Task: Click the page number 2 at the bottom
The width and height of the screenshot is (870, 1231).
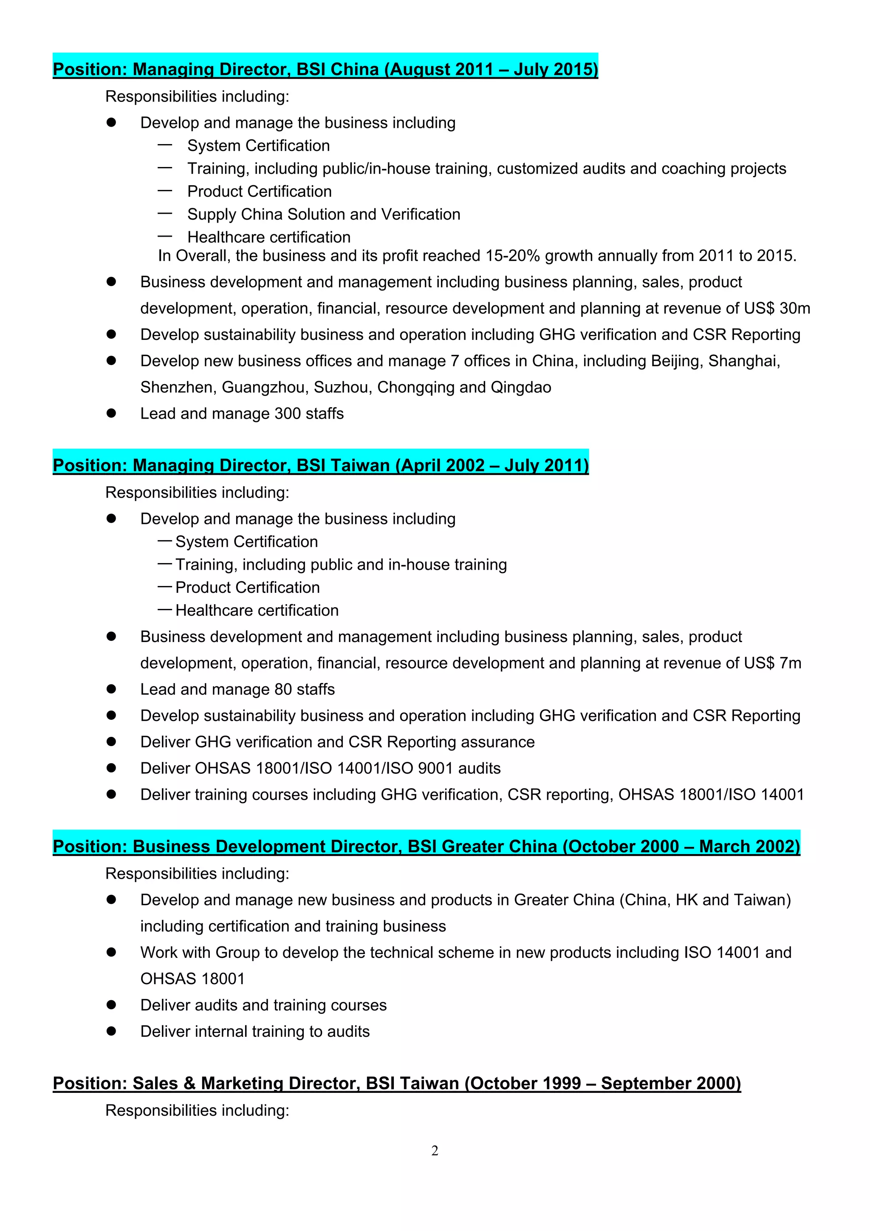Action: (435, 1151)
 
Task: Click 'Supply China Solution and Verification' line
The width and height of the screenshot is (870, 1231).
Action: (323, 215)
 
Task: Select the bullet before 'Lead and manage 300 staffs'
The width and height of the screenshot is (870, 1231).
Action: (111, 413)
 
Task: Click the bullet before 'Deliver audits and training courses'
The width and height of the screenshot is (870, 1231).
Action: (111, 1005)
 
